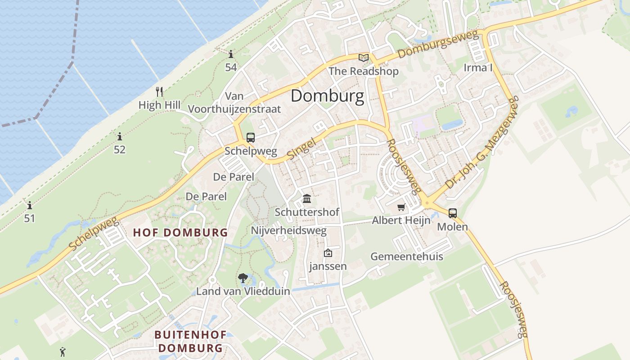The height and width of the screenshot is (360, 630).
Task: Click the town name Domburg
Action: pyautogui.click(x=327, y=96)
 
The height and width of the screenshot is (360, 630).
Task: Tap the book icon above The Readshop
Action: pyautogui.click(x=363, y=58)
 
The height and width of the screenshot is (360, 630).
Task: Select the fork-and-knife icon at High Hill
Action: pyautogui.click(x=159, y=92)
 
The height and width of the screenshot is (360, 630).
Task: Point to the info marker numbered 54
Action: pyautogui.click(x=231, y=54)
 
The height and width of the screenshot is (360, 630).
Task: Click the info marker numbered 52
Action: pyautogui.click(x=120, y=136)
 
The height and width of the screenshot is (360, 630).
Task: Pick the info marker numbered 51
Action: pyautogui.click(x=30, y=206)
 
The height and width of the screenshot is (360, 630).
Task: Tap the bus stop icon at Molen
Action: pyautogui.click(x=453, y=213)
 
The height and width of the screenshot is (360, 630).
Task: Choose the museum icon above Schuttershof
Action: pyautogui.click(x=307, y=198)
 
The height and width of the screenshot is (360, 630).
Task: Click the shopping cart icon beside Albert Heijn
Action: pyautogui.click(x=401, y=207)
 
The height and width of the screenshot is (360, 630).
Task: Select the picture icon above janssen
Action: pyautogui.click(x=328, y=253)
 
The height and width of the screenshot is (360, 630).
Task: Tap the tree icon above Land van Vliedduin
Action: pyautogui.click(x=243, y=278)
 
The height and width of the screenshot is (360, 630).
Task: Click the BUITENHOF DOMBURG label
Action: pyautogui.click(x=190, y=341)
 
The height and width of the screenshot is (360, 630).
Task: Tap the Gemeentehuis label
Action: pyautogui.click(x=407, y=256)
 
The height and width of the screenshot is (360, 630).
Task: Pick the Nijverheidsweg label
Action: pyautogui.click(x=288, y=230)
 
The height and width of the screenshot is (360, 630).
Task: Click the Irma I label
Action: pyautogui.click(x=478, y=67)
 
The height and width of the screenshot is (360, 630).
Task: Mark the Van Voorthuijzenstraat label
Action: pyautogui.click(x=234, y=103)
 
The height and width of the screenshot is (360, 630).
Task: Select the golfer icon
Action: pyautogui.click(x=63, y=352)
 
